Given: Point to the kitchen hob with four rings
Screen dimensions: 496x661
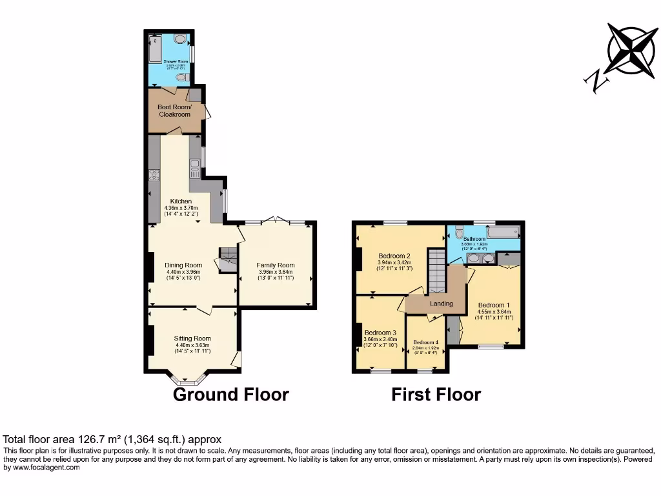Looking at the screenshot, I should click(x=154, y=175).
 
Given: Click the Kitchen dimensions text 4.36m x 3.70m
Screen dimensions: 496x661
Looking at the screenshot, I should click(x=180, y=208).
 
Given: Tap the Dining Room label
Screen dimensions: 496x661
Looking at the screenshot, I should click(x=183, y=265).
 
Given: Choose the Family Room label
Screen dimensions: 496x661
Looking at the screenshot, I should click(x=275, y=265).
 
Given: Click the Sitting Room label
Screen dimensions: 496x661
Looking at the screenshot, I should click(x=192, y=338).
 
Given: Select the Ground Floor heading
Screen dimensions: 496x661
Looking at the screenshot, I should click(x=230, y=395).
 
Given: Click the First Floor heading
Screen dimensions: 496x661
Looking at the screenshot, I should click(x=436, y=395).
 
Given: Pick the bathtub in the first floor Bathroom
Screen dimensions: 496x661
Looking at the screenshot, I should click(x=503, y=231).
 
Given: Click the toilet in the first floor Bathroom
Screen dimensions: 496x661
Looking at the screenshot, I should click(x=458, y=232).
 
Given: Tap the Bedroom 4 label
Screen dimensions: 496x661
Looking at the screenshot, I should click(x=425, y=342).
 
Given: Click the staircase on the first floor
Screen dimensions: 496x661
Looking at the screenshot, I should click(x=437, y=271).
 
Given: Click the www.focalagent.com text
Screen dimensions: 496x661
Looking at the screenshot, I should click(x=42, y=468).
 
